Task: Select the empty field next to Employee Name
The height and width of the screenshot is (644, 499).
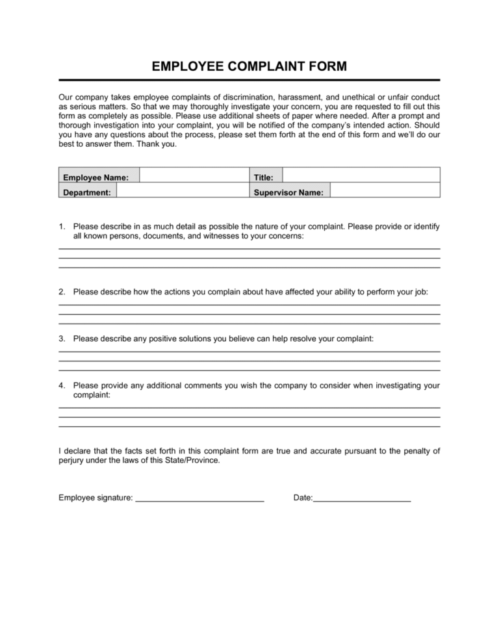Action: coord(194,176)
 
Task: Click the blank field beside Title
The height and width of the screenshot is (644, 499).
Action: coord(361,176)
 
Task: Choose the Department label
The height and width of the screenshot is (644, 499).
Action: coord(86,192)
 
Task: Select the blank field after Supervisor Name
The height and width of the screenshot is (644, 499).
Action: coord(385,191)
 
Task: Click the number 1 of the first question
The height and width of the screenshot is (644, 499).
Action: coord(61,227)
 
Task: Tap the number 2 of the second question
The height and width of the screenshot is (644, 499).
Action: coord(61,292)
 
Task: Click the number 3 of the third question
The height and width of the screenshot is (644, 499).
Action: coord(61,339)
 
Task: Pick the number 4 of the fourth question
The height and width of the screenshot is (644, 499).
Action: coord(61,385)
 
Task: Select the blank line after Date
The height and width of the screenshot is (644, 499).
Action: coord(362,500)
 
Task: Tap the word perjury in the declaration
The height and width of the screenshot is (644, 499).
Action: coord(71,461)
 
